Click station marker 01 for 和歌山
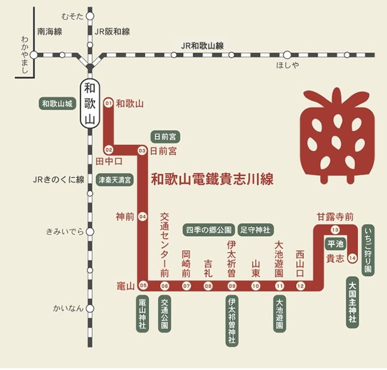click(108, 102)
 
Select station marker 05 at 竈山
click(142, 285)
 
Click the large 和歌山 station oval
click(89, 102)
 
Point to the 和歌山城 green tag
click(57, 103)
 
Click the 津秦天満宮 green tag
click(116, 179)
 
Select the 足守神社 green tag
click(255, 229)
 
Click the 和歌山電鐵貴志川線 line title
click(213, 178)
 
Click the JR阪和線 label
click(113, 32)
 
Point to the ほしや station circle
click(287, 55)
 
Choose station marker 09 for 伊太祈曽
click(232, 286)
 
